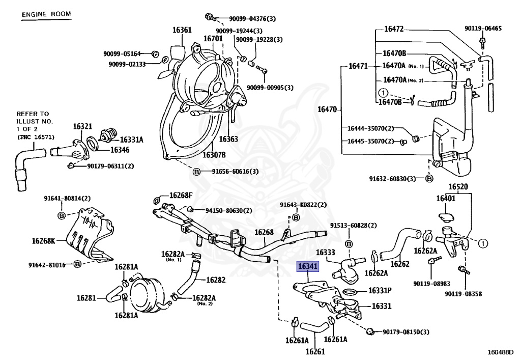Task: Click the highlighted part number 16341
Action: point(308,266)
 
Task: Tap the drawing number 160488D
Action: point(500,351)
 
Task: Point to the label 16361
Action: point(182,30)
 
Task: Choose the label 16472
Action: point(393,29)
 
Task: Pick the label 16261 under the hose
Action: point(315,351)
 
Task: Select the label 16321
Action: point(82,126)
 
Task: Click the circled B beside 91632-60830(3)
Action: point(429,179)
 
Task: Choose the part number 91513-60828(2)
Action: point(354,226)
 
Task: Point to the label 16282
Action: point(215,280)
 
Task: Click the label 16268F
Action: point(181,195)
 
